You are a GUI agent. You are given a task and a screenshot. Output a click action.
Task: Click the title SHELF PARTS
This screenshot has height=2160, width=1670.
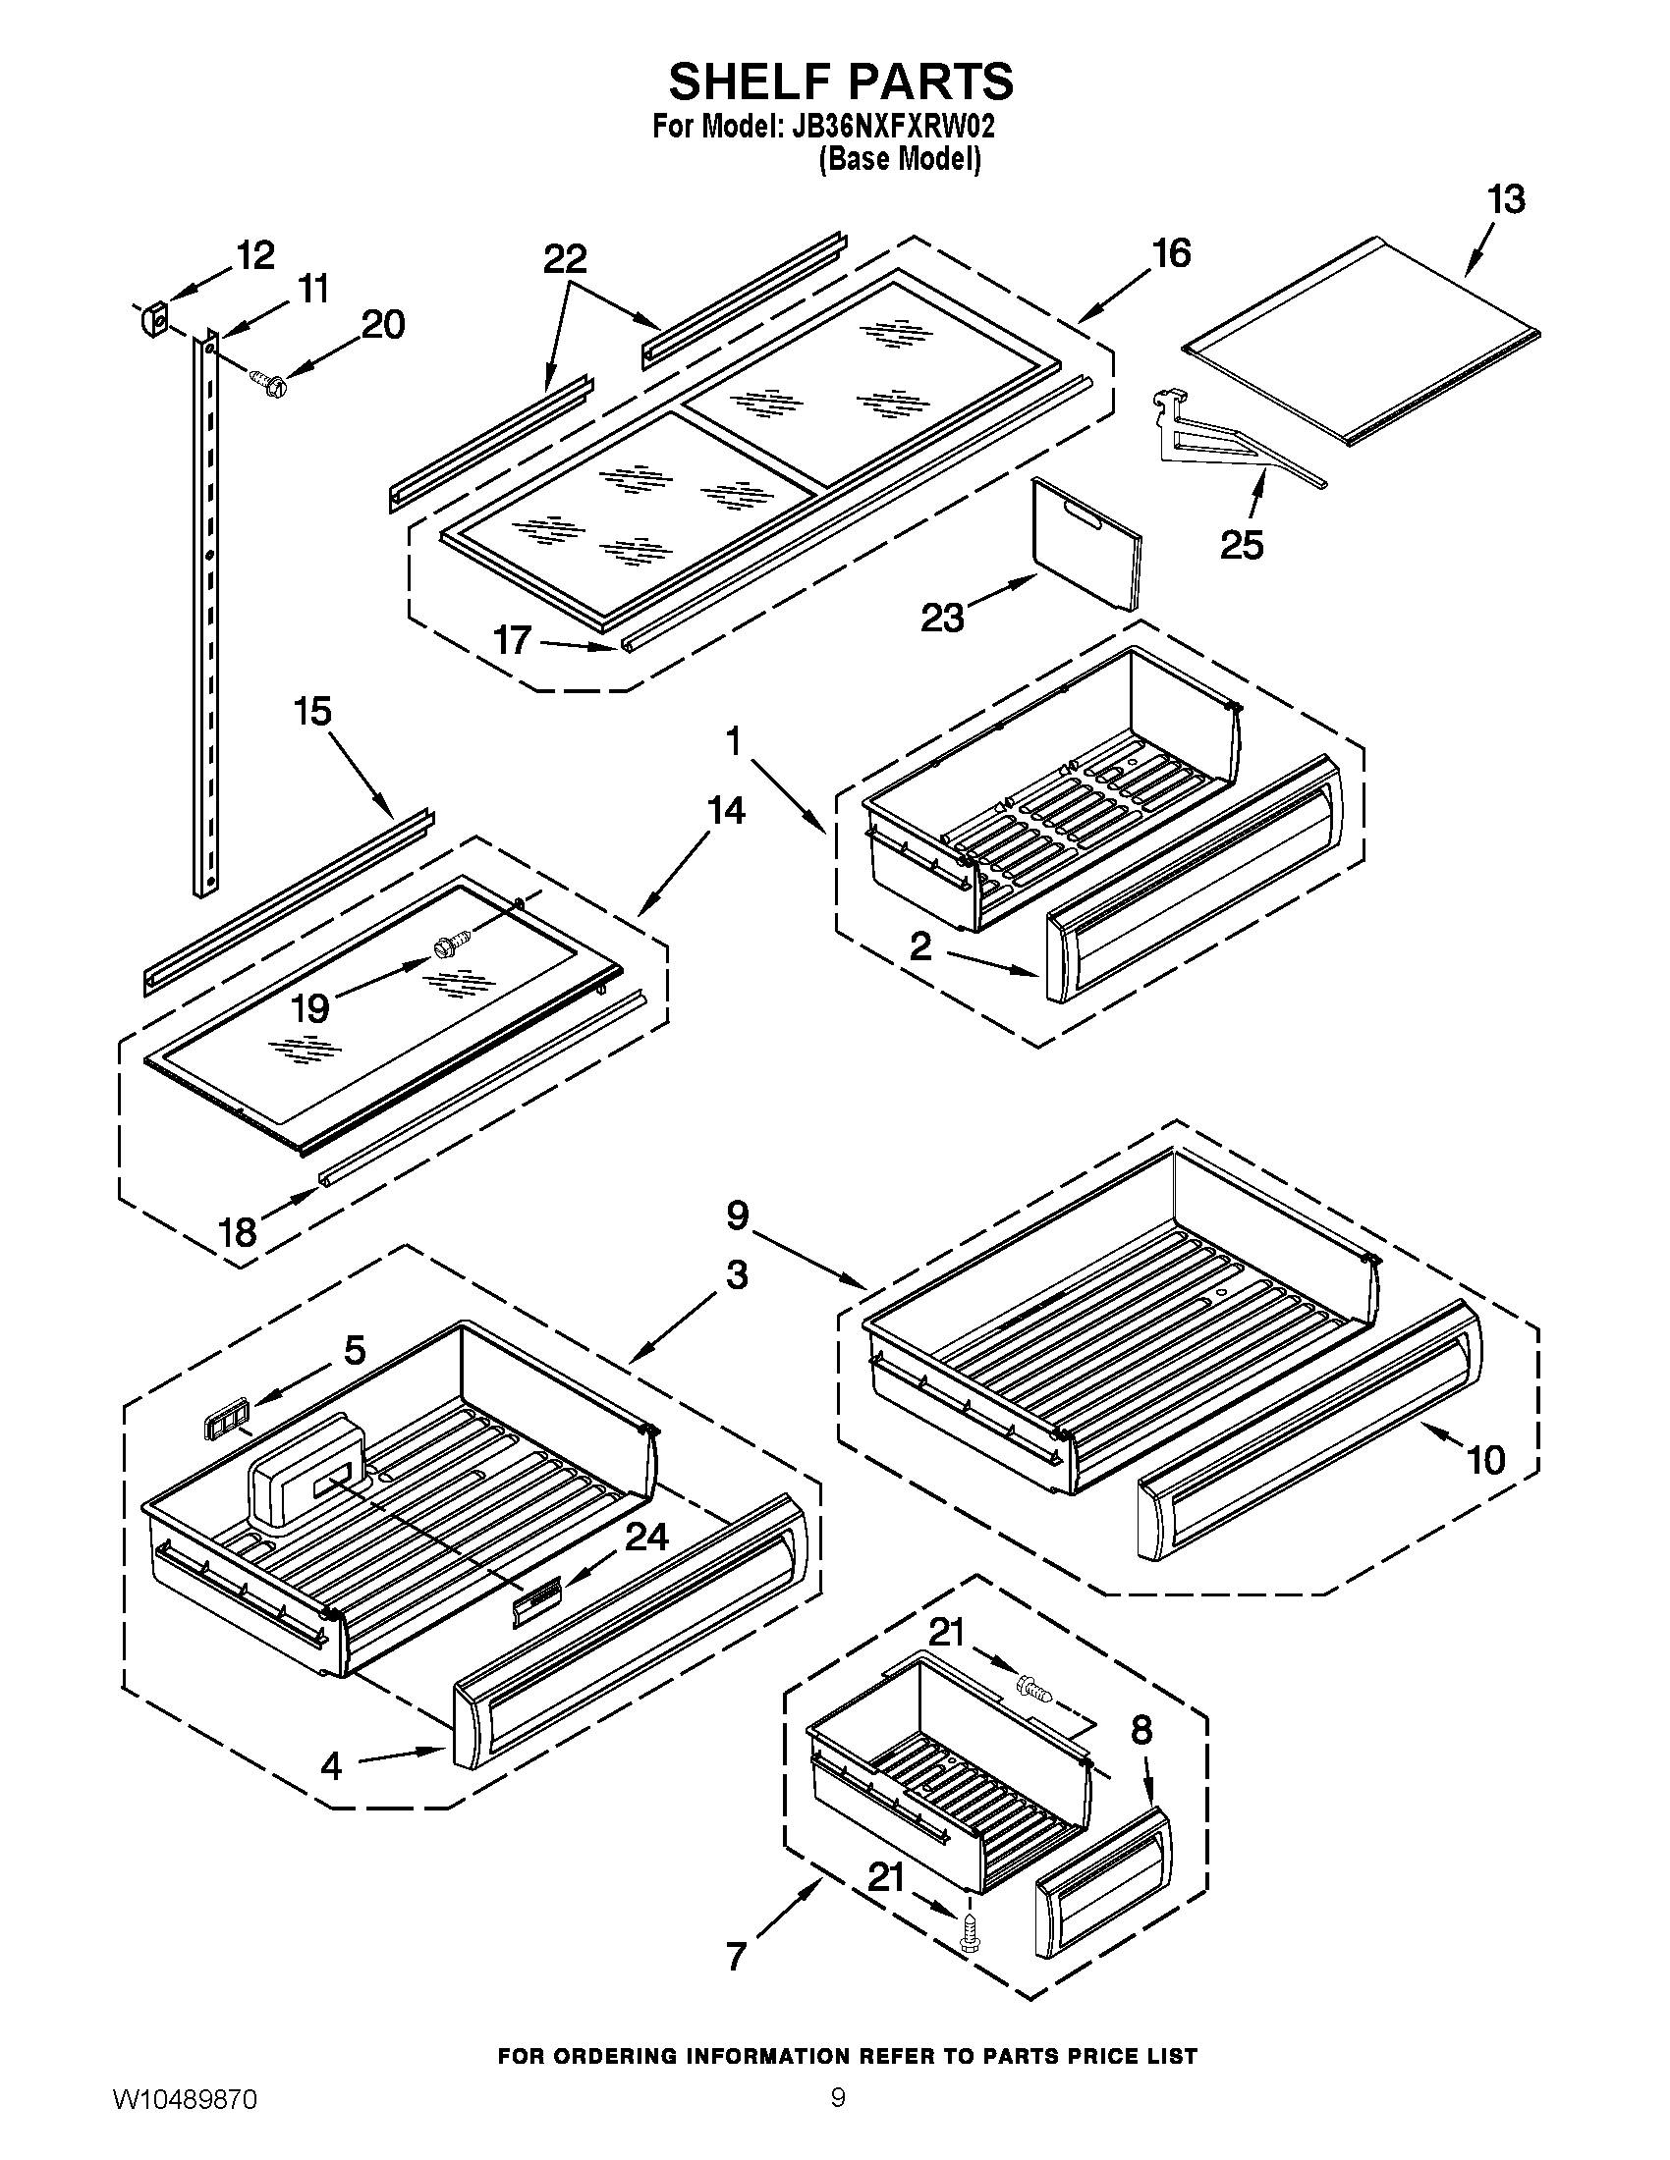coord(841,81)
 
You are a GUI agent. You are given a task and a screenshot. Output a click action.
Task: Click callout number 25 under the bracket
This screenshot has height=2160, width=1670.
coord(1242,544)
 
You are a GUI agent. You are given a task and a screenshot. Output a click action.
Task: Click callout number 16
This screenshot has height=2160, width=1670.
coord(1172,253)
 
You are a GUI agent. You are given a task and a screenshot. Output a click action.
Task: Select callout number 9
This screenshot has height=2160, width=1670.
coord(738,1215)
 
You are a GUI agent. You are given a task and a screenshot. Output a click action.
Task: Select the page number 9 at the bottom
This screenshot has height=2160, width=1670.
coord(837,2119)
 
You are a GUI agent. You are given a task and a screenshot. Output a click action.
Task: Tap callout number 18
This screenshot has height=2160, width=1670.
coord(238,1232)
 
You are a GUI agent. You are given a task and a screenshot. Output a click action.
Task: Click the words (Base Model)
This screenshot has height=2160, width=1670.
coord(898,158)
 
